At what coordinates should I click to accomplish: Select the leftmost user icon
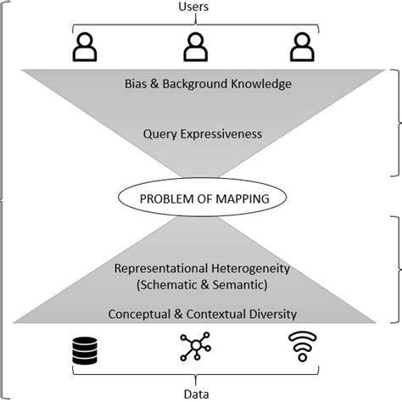[85, 47]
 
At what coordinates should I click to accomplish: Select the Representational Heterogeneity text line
[202, 268]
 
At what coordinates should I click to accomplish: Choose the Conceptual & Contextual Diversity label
[202, 314]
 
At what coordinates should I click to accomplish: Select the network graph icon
[197, 348]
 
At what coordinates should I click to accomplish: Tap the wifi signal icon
[301, 349]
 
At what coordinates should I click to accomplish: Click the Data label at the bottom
[196, 393]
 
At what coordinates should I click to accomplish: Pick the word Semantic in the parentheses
[240, 284]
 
